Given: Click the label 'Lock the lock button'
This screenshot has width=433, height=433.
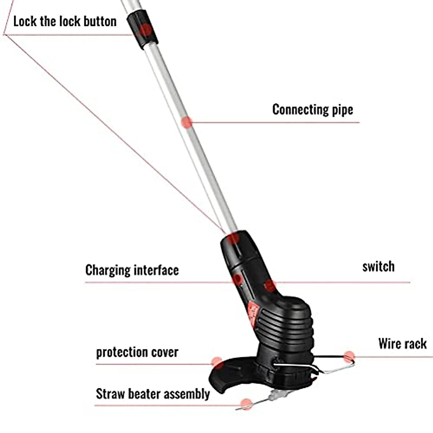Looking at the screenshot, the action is click(x=65, y=21).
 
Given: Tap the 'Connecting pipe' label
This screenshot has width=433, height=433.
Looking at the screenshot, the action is click(x=312, y=109).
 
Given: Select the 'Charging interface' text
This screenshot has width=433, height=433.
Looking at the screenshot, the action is click(x=132, y=270).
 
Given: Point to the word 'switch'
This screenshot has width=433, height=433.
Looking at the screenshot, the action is click(x=378, y=267).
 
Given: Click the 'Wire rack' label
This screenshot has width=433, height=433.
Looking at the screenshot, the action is click(x=402, y=344).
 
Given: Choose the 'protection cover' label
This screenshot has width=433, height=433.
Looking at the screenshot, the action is click(x=137, y=352).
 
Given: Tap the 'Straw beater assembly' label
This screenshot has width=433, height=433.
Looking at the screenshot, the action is click(x=153, y=394).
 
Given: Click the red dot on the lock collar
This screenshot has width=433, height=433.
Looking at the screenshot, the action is click(x=145, y=29).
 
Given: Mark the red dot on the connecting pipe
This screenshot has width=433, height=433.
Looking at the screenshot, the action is click(x=186, y=122).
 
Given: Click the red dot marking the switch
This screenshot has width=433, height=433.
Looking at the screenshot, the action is click(x=269, y=286).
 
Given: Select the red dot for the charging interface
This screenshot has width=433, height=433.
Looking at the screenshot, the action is click(x=237, y=279).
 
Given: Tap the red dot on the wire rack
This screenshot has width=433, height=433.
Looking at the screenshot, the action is click(x=349, y=357).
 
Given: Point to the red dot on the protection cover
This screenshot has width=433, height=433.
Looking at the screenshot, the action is click(x=217, y=362).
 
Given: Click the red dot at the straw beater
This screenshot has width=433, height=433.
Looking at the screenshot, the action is click(x=246, y=404).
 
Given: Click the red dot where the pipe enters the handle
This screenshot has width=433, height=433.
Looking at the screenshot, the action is click(x=233, y=238).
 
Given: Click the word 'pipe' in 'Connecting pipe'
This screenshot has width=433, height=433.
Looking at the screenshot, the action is click(x=342, y=110).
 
